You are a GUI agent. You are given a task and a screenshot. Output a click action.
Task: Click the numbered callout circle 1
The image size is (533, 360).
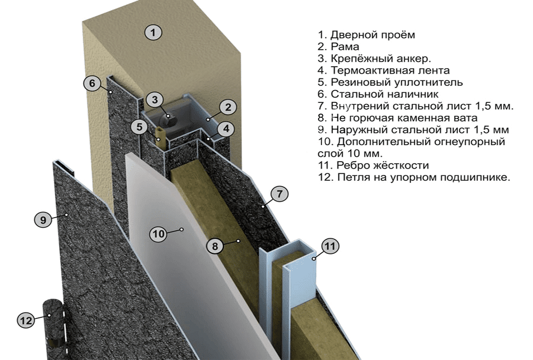pyautogui.click(x=153, y=33)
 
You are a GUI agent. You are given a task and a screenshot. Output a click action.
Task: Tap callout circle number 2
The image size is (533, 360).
pyautogui.click(x=228, y=107)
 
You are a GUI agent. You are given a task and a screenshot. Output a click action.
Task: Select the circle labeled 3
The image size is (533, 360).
pyautogui.click(x=154, y=99)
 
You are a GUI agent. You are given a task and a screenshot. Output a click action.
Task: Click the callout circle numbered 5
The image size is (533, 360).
pyautogui.click(x=139, y=127)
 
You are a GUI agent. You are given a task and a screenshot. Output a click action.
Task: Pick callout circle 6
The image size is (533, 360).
pyautogui.click(x=92, y=83)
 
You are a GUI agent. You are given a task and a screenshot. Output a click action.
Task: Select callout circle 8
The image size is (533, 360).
pyautogui.click(x=214, y=246)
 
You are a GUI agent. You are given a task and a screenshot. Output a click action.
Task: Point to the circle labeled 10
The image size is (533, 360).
pyautogui.click(x=158, y=234)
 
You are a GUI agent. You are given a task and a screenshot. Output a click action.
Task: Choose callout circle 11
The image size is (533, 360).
pyautogui.click(x=330, y=246)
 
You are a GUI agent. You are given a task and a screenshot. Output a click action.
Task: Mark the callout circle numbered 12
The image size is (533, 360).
pyautogui.click(x=26, y=321)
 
